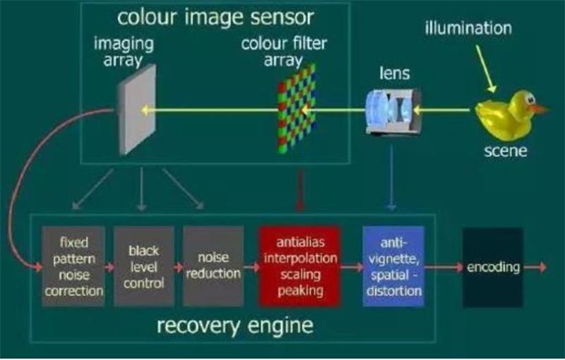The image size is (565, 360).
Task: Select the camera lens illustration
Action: tap(393, 112)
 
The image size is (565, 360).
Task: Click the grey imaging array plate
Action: tap(137, 110)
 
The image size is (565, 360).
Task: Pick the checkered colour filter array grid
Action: tap(297, 109)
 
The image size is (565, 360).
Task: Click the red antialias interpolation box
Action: tap(299, 266)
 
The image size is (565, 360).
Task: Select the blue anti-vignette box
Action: tap(393, 266)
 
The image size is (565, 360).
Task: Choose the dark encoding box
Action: tap(493, 267)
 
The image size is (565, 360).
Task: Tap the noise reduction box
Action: tap(213, 266)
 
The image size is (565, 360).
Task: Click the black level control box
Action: tap(144, 266)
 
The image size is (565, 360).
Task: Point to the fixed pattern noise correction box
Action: tap(73, 266)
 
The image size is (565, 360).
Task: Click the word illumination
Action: tap(468, 28)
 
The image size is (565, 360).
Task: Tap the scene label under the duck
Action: tap(505, 150)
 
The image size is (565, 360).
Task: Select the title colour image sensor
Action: tap(215, 17)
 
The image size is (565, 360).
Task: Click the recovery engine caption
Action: tap(235, 326)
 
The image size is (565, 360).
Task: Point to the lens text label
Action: tap(395, 73)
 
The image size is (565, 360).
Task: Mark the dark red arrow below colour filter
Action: tap(299, 190)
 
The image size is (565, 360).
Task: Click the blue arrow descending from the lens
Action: tap(392, 177)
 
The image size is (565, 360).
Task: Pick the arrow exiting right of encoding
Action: tap(535, 267)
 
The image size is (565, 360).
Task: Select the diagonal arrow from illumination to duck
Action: tap(487, 68)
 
